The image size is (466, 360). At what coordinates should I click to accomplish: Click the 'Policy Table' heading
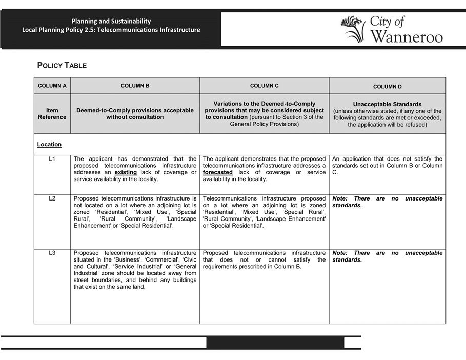[62, 65]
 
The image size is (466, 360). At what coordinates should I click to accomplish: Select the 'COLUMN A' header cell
[52, 86]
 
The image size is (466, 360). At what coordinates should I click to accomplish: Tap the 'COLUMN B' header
[135, 86]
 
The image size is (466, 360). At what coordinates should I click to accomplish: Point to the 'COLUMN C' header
[265, 86]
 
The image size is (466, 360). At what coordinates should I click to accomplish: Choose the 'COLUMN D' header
[387, 87]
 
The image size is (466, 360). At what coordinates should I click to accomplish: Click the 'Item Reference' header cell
[52, 114]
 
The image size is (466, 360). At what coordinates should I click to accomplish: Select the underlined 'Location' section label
[49, 145]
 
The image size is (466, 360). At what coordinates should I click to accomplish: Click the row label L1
[52, 159]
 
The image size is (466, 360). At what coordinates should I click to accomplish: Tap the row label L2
[52, 198]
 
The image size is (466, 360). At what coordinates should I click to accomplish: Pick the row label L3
[52, 253]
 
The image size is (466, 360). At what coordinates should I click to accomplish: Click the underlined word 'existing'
[126, 172]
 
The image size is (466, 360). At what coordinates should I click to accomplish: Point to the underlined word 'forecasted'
[218, 172]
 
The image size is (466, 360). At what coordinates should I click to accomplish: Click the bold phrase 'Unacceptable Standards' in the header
[387, 104]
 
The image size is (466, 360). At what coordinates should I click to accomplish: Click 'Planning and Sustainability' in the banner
[111, 21]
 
